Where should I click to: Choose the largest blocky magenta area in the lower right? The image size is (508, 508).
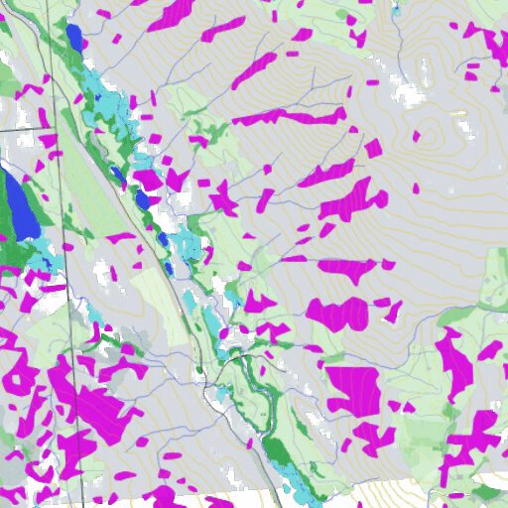point(352,389)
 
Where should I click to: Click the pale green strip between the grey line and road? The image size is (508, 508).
point(149,288)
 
